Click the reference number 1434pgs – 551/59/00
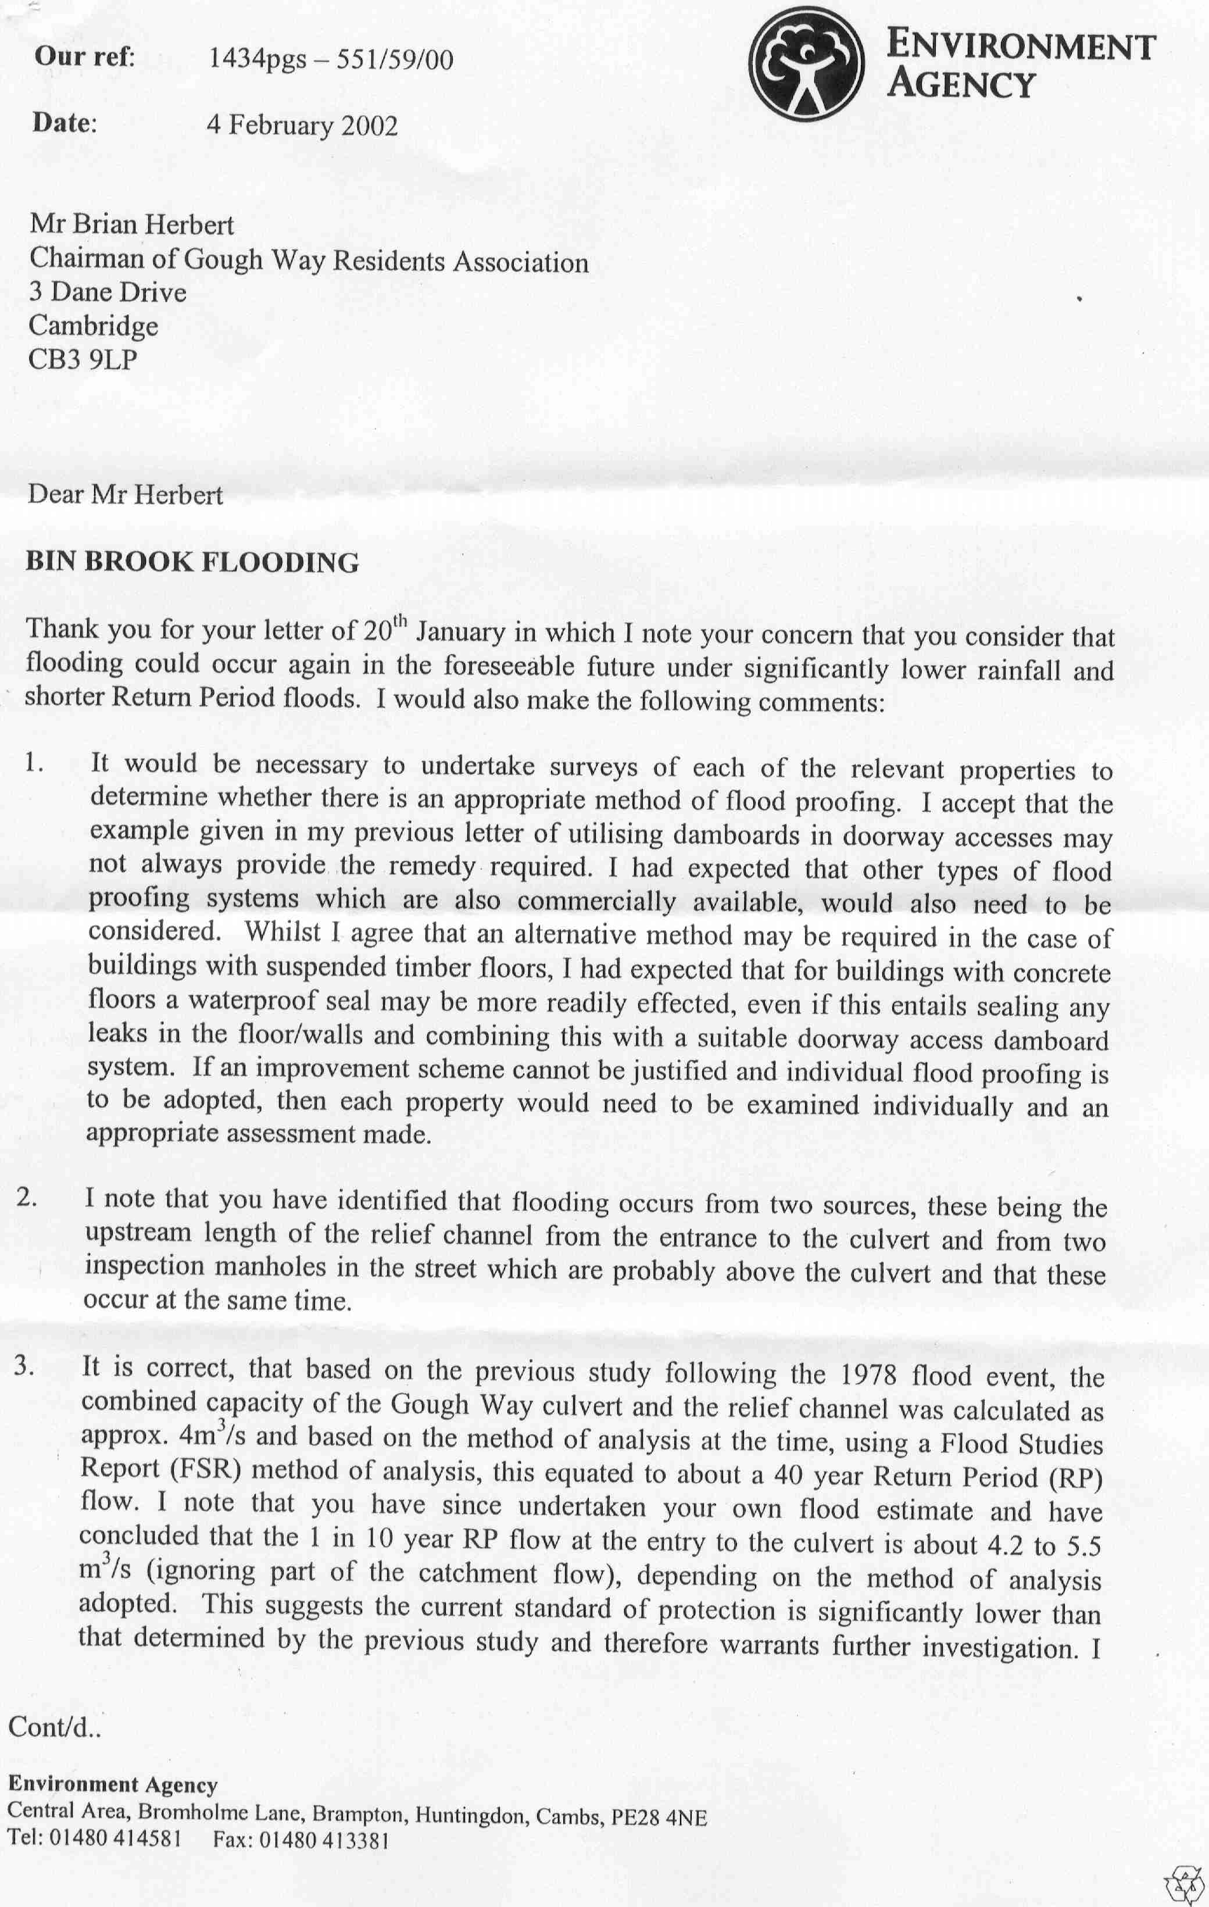pyautogui.click(x=330, y=59)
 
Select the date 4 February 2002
pyautogui.click(x=302, y=126)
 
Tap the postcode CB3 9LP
pyautogui.click(x=83, y=360)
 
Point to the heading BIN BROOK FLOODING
pyautogui.click(x=192, y=562)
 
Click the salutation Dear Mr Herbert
pyautogui.click(x=125, y=495)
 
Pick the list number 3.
pyautogui.click(x=24, y=1367)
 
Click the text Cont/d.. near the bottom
pyautogui.click(x=55, y=1726)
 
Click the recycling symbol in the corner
pyautogui.click(x=1185, y=1884)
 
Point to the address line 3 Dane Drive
pyautogui.click(x=108, y=293)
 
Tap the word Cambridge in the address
pyautogui.click(x=94, y=326)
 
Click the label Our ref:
pyautogui.click(x=85, y=57)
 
